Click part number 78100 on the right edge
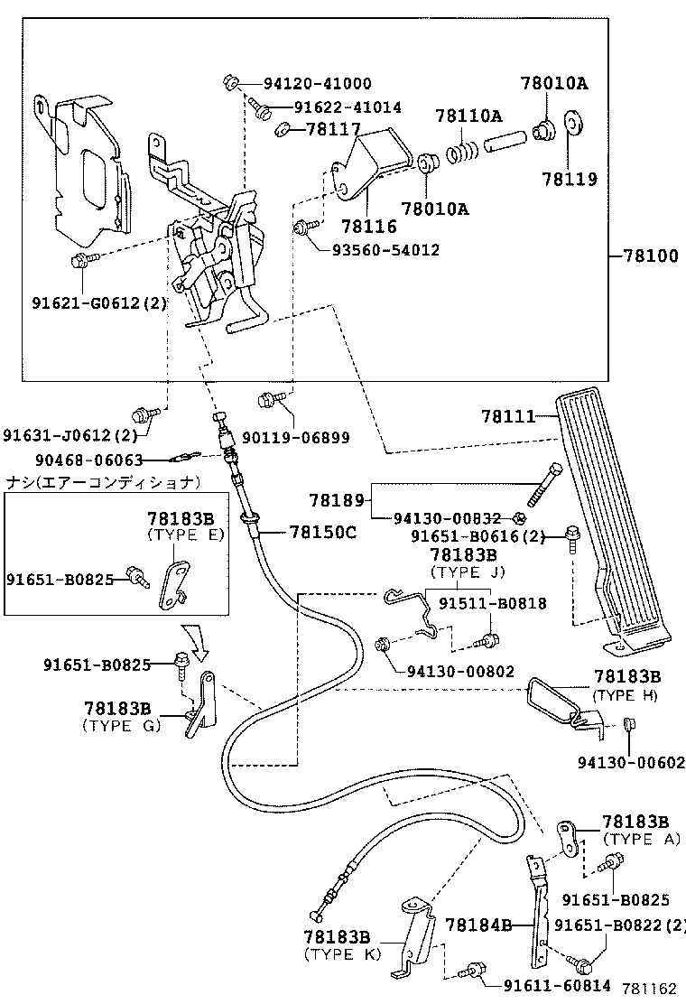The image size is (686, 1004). pyautogui.click(x=650, y=256)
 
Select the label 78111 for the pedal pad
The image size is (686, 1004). pyautogui.click(x=508, y=416)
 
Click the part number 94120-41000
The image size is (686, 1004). pyautogui.click(x=317, y=84)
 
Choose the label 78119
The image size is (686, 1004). pyautogui.click(x=570, y=180)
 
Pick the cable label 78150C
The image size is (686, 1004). pyautogui.click(x=323, y=532)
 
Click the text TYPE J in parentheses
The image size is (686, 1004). pyautogui.click(x=468, y=572)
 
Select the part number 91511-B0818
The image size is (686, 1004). pyautogui.click(x=492, y=603)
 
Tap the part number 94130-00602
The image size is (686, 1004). pyautogui.click(x=631, y=763)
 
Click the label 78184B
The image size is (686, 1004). pyautogui.click(x=479, y=925)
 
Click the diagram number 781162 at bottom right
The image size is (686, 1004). pyautogui.click(x=654, y=990)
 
